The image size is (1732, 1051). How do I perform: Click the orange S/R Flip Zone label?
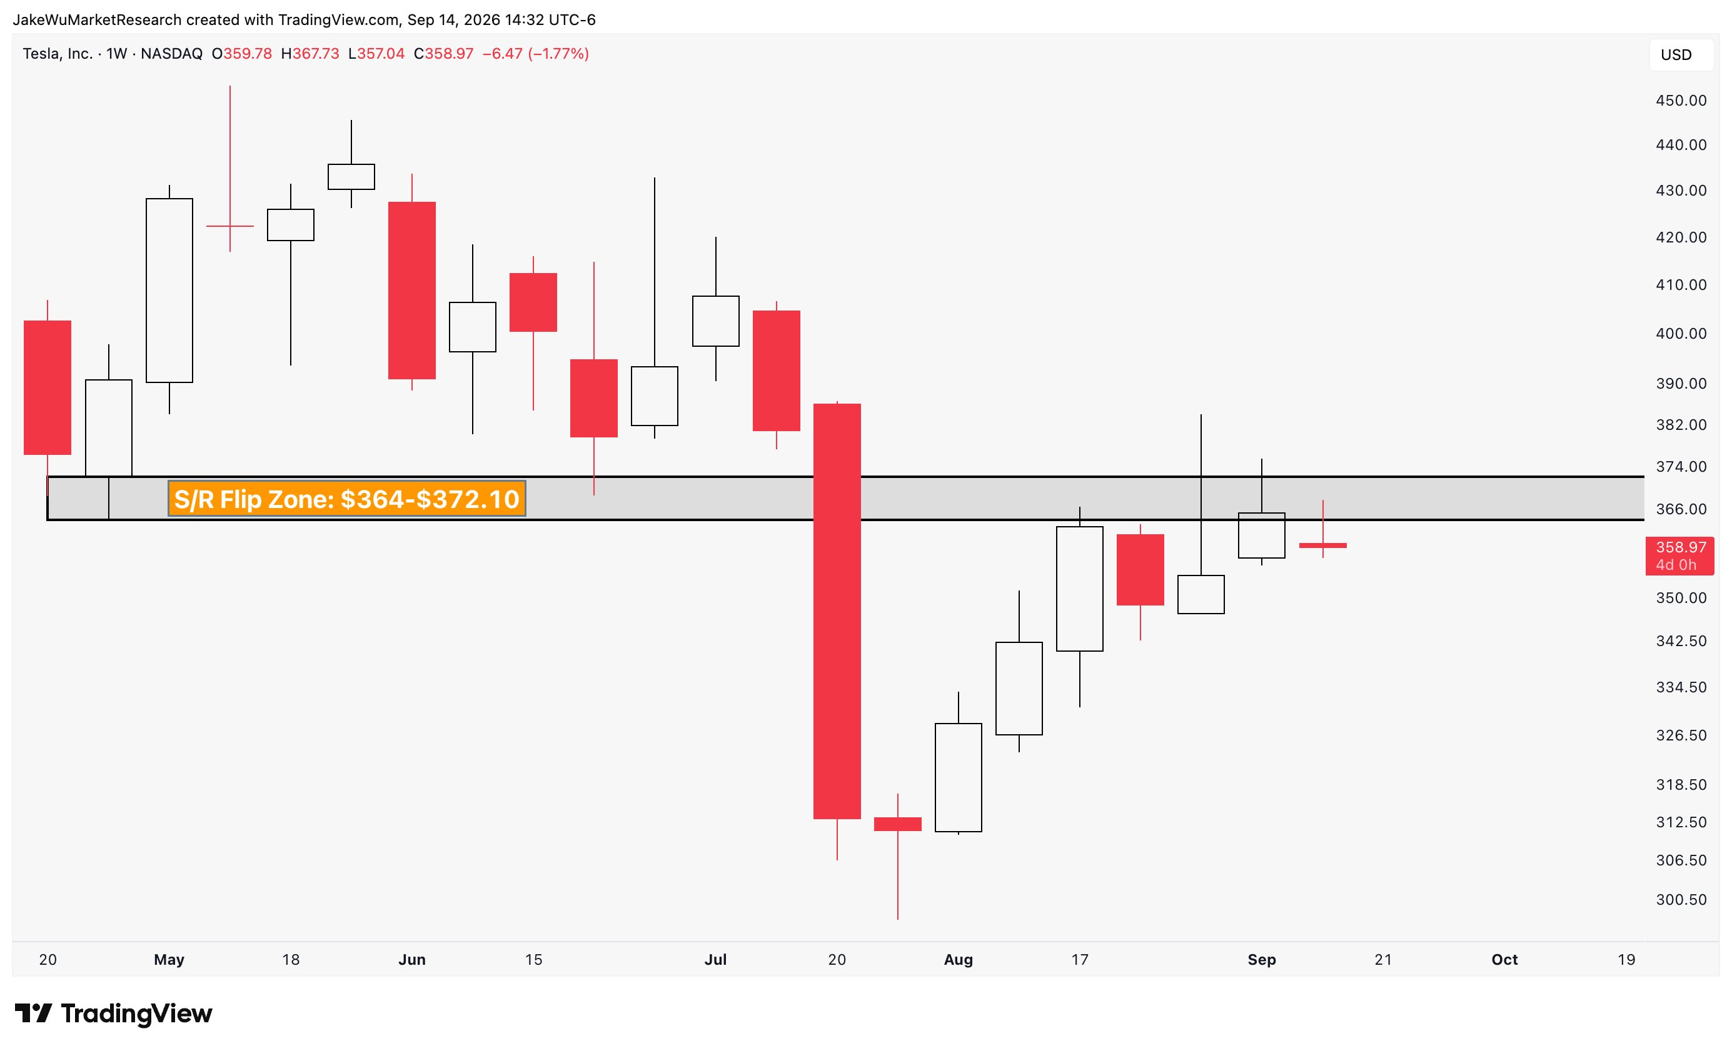(346, 499)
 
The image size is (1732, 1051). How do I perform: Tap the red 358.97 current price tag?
(1679, 555)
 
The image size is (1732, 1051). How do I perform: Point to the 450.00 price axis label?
(1681, 101)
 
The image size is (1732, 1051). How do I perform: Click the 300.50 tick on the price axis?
(1681, 899)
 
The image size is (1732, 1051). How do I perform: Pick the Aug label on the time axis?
(958, 960)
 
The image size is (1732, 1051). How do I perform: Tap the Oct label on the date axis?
(1504, 960)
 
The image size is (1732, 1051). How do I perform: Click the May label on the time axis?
(169, 960)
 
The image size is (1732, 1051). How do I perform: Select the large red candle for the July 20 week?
(837, 611)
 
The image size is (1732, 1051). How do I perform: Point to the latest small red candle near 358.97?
(1323, 545)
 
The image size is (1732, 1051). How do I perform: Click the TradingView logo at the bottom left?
(113, 1013)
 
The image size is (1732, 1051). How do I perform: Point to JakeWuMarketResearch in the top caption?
(97, 19)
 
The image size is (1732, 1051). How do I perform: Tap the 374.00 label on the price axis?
(1681, 467)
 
